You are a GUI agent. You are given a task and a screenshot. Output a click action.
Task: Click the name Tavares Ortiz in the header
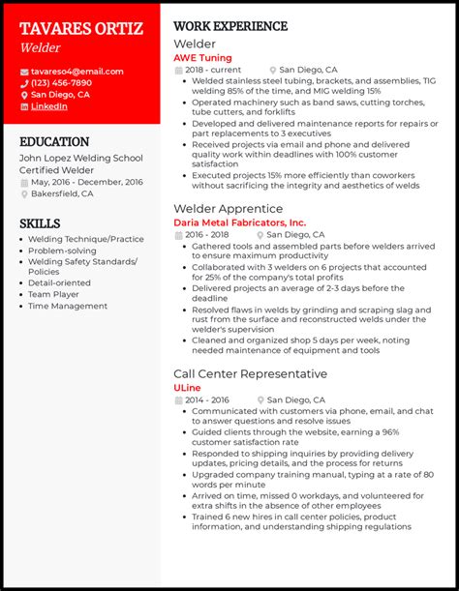80,28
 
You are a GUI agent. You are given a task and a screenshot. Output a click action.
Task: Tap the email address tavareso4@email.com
76,72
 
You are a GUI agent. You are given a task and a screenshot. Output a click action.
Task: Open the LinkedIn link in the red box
49,106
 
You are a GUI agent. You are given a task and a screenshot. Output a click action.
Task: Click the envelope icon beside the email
23,72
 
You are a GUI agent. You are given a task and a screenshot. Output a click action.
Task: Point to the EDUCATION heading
54,141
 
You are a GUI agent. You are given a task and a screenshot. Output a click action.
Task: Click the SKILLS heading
40,222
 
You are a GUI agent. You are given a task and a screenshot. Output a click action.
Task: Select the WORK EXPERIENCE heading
230,26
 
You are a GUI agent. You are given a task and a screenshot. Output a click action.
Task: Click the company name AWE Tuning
202,57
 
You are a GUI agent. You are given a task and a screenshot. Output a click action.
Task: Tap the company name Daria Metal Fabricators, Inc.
239,222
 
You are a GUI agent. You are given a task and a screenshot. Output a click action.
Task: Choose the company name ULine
188,387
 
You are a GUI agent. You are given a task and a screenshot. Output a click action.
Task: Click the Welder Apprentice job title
228,208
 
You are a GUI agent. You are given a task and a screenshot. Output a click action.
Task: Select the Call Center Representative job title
250,373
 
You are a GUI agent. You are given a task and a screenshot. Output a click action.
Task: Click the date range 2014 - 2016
208,399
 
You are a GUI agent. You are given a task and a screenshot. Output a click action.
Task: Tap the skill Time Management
68,306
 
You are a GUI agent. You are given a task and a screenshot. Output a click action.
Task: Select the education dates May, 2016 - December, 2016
86,182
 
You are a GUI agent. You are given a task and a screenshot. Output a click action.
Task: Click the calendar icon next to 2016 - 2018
178,235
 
